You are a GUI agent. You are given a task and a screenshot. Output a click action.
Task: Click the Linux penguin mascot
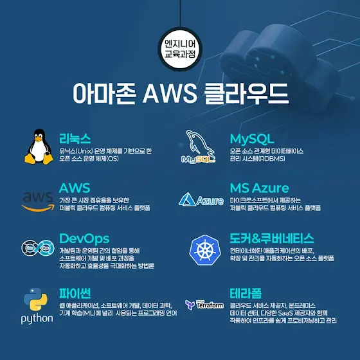coord(39,147)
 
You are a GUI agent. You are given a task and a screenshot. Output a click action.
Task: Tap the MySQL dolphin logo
coord(199,147)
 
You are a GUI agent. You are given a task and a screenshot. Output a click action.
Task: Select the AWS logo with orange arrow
coord(38,202)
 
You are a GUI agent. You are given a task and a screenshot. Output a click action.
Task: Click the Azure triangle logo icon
coord(187,199)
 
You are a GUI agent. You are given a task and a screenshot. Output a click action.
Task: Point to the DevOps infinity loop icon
coord(38,248)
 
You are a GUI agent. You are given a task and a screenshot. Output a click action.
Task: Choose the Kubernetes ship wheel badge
coord(205,250)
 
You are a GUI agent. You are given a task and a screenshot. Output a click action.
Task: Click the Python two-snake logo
coord(36,300)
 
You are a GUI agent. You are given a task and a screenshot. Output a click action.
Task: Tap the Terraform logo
coord(204,305)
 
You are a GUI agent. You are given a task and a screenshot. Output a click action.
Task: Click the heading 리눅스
coord(75,138)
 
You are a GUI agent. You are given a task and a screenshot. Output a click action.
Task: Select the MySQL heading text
coord(252,139)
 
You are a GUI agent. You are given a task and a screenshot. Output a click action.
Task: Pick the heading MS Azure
coord(259,188)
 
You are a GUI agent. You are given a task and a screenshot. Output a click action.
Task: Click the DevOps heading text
coord(84,239)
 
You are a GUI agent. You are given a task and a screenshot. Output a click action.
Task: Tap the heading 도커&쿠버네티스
coord(271,239)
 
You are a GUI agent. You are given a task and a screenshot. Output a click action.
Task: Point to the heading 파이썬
coord(75,293)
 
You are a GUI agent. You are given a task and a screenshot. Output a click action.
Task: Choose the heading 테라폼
coord(246,293)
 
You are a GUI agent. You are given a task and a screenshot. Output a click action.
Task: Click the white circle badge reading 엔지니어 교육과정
coord(180,49)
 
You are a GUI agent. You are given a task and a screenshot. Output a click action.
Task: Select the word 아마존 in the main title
coord(104,93)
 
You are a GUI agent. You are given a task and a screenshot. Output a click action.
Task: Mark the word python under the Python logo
coord(37,319)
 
